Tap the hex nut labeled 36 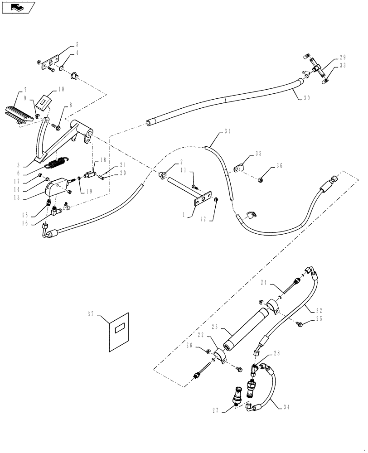pyautogui.click(x=261, y=180)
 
